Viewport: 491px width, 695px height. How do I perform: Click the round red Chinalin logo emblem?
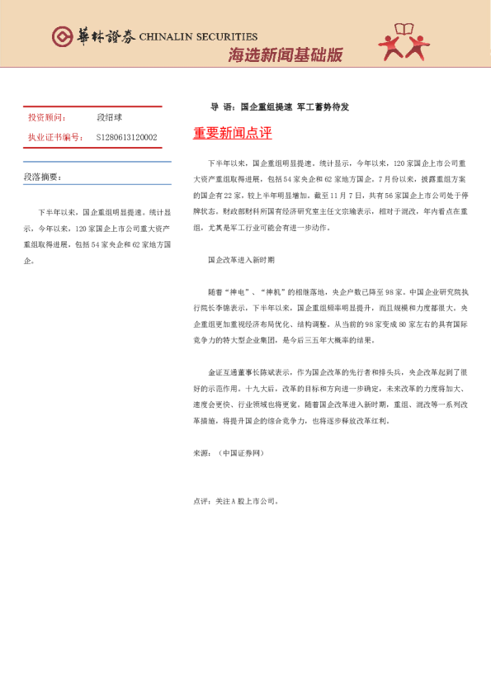62,36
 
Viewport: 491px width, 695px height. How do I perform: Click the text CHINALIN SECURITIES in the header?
198,37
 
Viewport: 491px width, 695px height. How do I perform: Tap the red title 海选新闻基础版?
285,55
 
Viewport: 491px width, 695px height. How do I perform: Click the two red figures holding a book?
404,43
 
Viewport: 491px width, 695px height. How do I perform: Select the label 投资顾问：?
47,118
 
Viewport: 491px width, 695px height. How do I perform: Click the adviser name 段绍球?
109,118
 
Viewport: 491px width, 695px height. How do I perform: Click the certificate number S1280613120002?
126,137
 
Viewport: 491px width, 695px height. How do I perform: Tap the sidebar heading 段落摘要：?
42,177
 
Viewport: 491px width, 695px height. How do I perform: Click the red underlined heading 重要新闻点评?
232,134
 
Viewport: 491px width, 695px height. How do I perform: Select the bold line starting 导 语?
280,107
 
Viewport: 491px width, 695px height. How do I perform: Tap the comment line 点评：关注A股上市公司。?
236,501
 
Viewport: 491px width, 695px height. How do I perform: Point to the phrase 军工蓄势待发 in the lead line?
323,107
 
